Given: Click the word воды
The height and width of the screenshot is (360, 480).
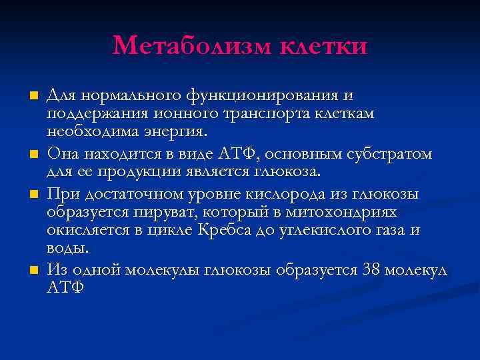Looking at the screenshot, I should [67, 247].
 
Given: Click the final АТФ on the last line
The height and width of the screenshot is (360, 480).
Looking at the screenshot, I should [65, 287].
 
